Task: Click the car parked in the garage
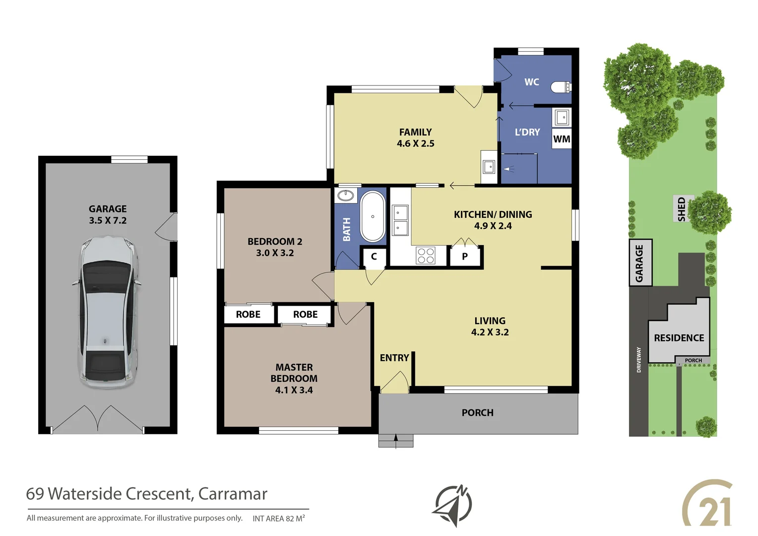coord(107,312)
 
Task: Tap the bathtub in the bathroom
coord(373,217)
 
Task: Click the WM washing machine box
coord(562,139)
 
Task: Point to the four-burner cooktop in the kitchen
coord(425,256)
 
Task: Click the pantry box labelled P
coord(465,257)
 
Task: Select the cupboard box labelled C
coord(374,257)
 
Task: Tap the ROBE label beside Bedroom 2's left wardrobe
coord(248,315)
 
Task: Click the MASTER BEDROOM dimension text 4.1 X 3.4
coord(294,390)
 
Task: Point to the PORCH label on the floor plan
coord(477,413)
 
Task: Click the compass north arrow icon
coord(453,505)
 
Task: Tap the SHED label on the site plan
coord(682,208)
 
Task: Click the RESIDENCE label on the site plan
coord(679,338)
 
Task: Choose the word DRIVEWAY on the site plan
coord(638,359)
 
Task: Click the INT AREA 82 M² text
coord(278,519)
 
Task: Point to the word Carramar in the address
coord(233,494)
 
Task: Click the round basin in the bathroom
coord(346,195)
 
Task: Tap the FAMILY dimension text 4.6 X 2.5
coord(415,144)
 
